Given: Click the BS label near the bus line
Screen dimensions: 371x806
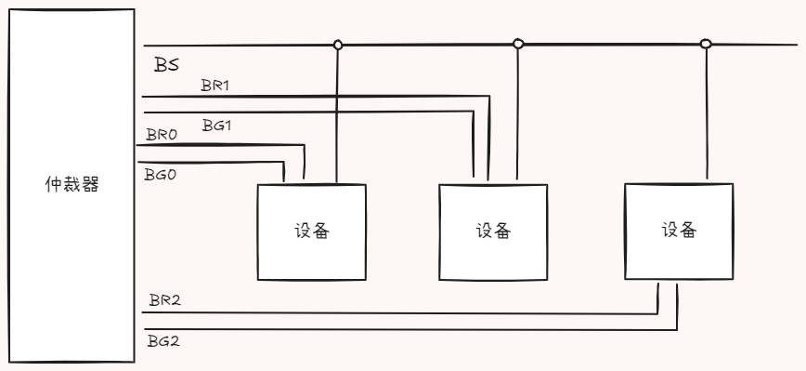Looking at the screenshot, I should click(x=167, y=65).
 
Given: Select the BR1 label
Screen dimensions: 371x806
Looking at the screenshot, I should click(x=215, y=85).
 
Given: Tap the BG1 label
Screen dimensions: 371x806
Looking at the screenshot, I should click(x=216, y=124).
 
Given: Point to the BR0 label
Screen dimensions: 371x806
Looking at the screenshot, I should click(x=162, y=135).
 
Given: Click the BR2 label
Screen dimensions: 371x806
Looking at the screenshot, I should click(x=164, y=301).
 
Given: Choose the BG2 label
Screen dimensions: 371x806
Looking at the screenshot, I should click(x=163, y=341).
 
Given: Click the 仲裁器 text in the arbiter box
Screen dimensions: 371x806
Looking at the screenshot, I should click(x=72, y=184).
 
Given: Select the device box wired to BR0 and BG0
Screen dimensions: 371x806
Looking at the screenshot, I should click(x=311, y=232).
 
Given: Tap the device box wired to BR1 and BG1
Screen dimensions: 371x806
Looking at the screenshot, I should click(x=493, y=232).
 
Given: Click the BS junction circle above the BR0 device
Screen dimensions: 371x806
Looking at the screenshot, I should click(x=338, y=44).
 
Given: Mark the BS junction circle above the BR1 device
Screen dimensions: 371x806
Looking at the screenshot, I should click(x=518, y=43).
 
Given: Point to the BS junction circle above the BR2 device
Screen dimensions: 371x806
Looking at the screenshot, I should click(x=706, y=43).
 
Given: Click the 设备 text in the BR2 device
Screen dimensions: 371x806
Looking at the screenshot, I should click(x=679, y=230).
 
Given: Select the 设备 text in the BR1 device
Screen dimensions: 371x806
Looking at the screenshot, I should click(x=493, y=231).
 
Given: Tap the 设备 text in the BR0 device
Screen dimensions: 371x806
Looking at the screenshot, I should click(x=312, y=231).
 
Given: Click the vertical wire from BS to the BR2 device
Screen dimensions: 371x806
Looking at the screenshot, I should click(x=707, y=112).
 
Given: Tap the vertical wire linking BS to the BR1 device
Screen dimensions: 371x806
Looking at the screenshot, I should click(x=517, y=112).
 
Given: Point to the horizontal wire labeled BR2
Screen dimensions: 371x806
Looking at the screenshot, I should click(x=399, y=312).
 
